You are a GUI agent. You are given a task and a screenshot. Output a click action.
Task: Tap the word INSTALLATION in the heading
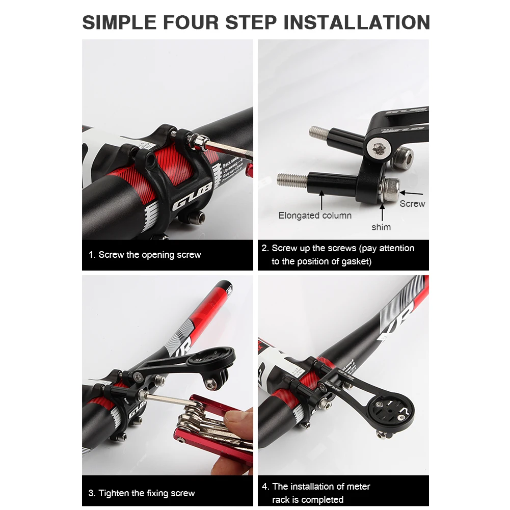click(x=357, y=23)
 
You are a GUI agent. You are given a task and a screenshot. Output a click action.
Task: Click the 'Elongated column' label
click(x=315, y=216)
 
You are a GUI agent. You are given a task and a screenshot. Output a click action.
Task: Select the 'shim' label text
click(x=381, y=227)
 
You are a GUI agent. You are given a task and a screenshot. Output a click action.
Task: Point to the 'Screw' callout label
click(x=412, y=203)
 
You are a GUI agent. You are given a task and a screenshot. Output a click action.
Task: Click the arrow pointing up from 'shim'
click(x=382, y=212)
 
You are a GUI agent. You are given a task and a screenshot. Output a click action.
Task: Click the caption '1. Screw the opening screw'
click(x=145, y=255)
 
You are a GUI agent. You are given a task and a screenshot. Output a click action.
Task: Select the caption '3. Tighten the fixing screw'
click(x=142, y=493)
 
